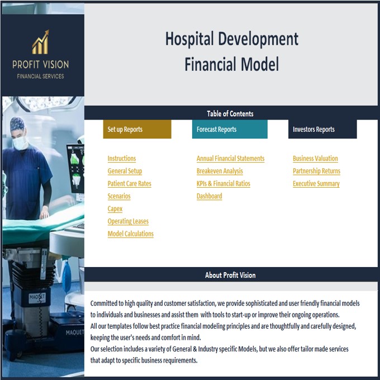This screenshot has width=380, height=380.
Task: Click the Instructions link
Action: point(122,159)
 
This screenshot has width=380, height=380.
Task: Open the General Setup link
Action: point(125,171)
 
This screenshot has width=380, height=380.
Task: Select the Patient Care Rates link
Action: point(129,184)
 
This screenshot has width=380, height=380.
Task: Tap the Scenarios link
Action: point(119,196)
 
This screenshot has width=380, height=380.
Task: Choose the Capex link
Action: point(115,209)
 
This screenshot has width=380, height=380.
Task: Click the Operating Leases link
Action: point(128,221)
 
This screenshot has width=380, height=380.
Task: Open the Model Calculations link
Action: point(130,234)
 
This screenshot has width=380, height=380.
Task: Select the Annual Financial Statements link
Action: point(230,159)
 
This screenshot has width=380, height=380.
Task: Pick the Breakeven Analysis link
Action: point(220,171)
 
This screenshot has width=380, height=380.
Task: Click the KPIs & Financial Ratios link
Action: point(223,184)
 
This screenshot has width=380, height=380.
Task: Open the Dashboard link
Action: point(209,196)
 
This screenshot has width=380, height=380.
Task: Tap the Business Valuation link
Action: point(315,159)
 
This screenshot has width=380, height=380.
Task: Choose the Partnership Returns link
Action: point(316,171)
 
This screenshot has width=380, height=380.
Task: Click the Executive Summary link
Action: point(316,184)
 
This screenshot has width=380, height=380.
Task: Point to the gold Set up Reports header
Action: point(137,129)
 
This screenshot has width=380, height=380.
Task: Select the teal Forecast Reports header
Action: point(229,129)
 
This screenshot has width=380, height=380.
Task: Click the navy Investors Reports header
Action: point(322,129)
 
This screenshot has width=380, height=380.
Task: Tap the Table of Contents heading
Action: point(230,113)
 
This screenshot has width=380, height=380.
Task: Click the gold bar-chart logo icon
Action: point(40,42)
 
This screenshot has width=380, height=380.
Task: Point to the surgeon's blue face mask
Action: point(21,142)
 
